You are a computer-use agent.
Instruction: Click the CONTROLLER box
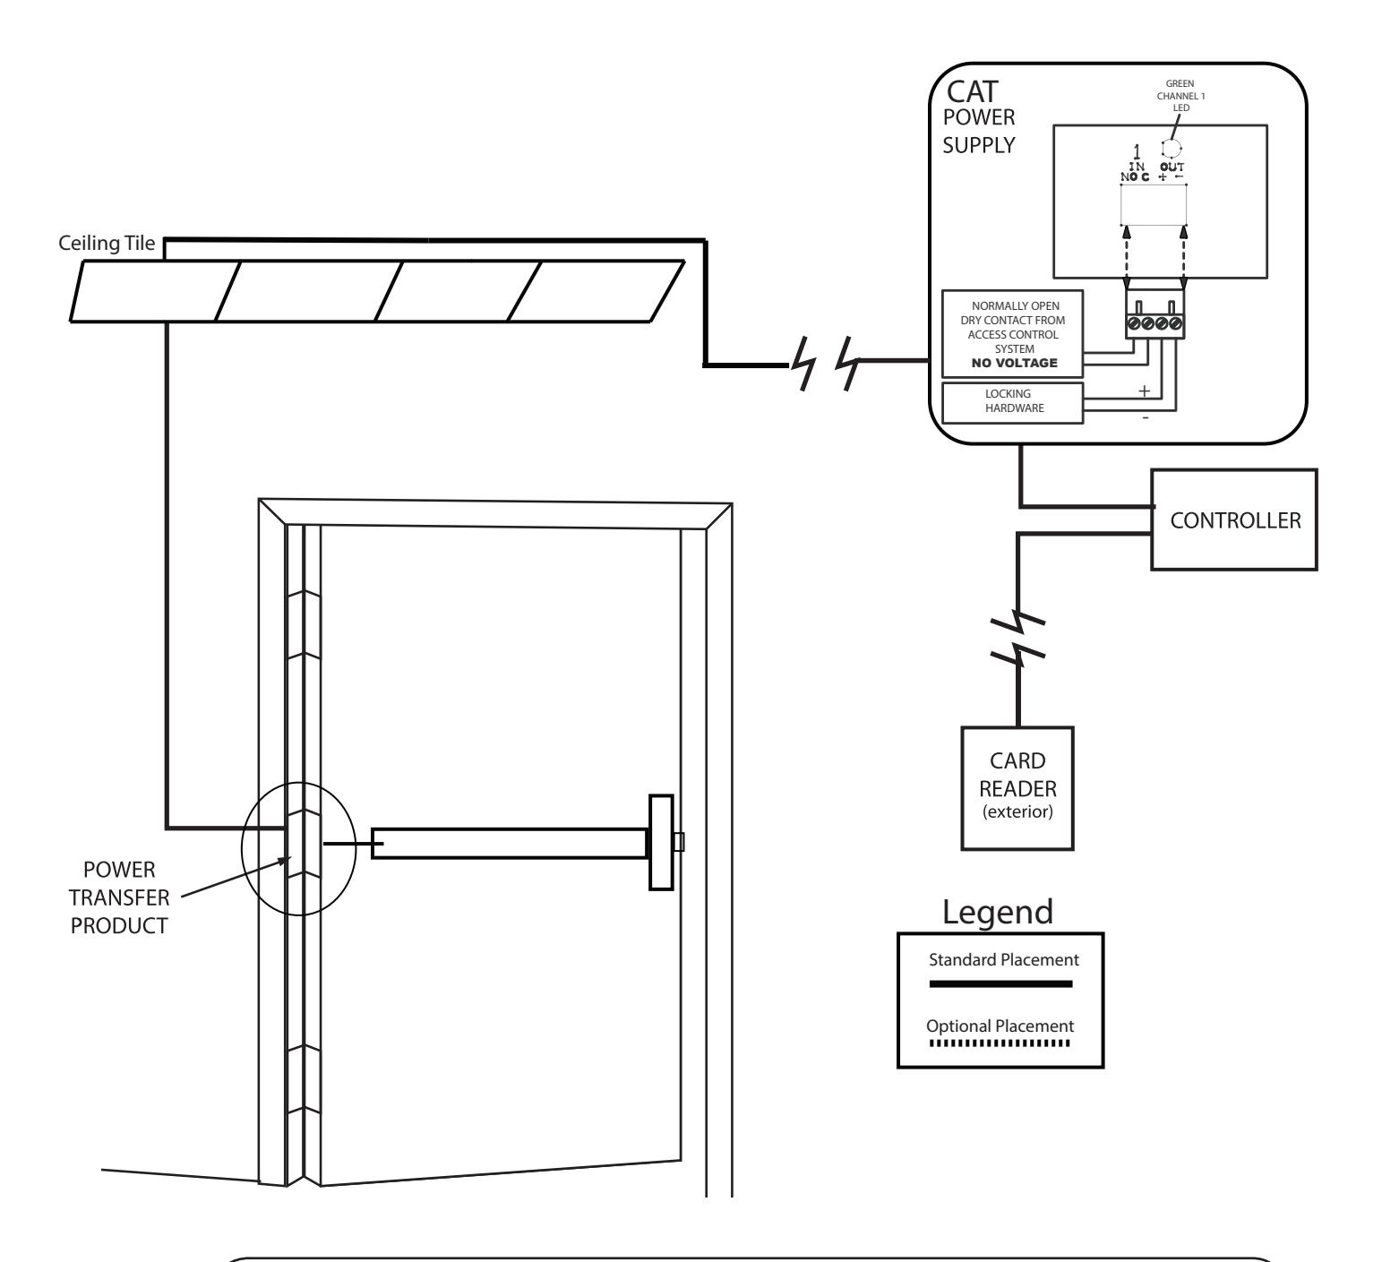pyautogui.click(x=1234, y=519)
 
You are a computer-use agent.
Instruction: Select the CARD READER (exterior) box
pyautogui.click(x=1018, y=786)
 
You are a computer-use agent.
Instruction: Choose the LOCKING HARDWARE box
pyautogui.click(x=1013, y=401)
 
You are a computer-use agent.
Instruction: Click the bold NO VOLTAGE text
pyautogui.click(x=1013, y=364)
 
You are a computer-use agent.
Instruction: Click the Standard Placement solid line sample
pyautogui.click(x=1000, y=983)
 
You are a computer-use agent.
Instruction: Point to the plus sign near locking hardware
pyautogui.click(x=1143, y=391)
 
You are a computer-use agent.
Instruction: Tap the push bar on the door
pyautogui.click(x=509, y=844)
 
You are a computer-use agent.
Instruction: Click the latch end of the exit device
pyautogui.click(x=662, y=842)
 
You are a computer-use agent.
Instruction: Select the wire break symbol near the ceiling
pyautogui.click(x=820, y=364)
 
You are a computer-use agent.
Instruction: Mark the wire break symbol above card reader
pyautogui.click(x=1018, y=636)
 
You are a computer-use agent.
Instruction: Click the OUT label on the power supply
pyautogui.click(x=1173, y=167)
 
